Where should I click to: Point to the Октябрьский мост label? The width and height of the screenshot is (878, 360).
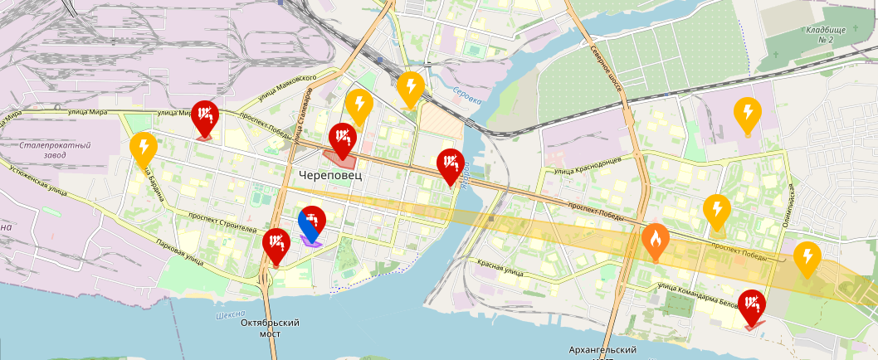point(269,328)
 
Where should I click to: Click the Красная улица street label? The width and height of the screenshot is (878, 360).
point(500,267)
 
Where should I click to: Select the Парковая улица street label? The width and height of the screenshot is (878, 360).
point(179,252)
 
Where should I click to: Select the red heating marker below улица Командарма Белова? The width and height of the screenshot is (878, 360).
point(753,306)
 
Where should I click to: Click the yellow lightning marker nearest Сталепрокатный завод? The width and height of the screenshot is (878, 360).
point(144,150)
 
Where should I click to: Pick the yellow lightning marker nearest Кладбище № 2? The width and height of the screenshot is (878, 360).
point(748,115)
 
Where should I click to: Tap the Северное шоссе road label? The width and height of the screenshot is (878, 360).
point(607,60)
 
